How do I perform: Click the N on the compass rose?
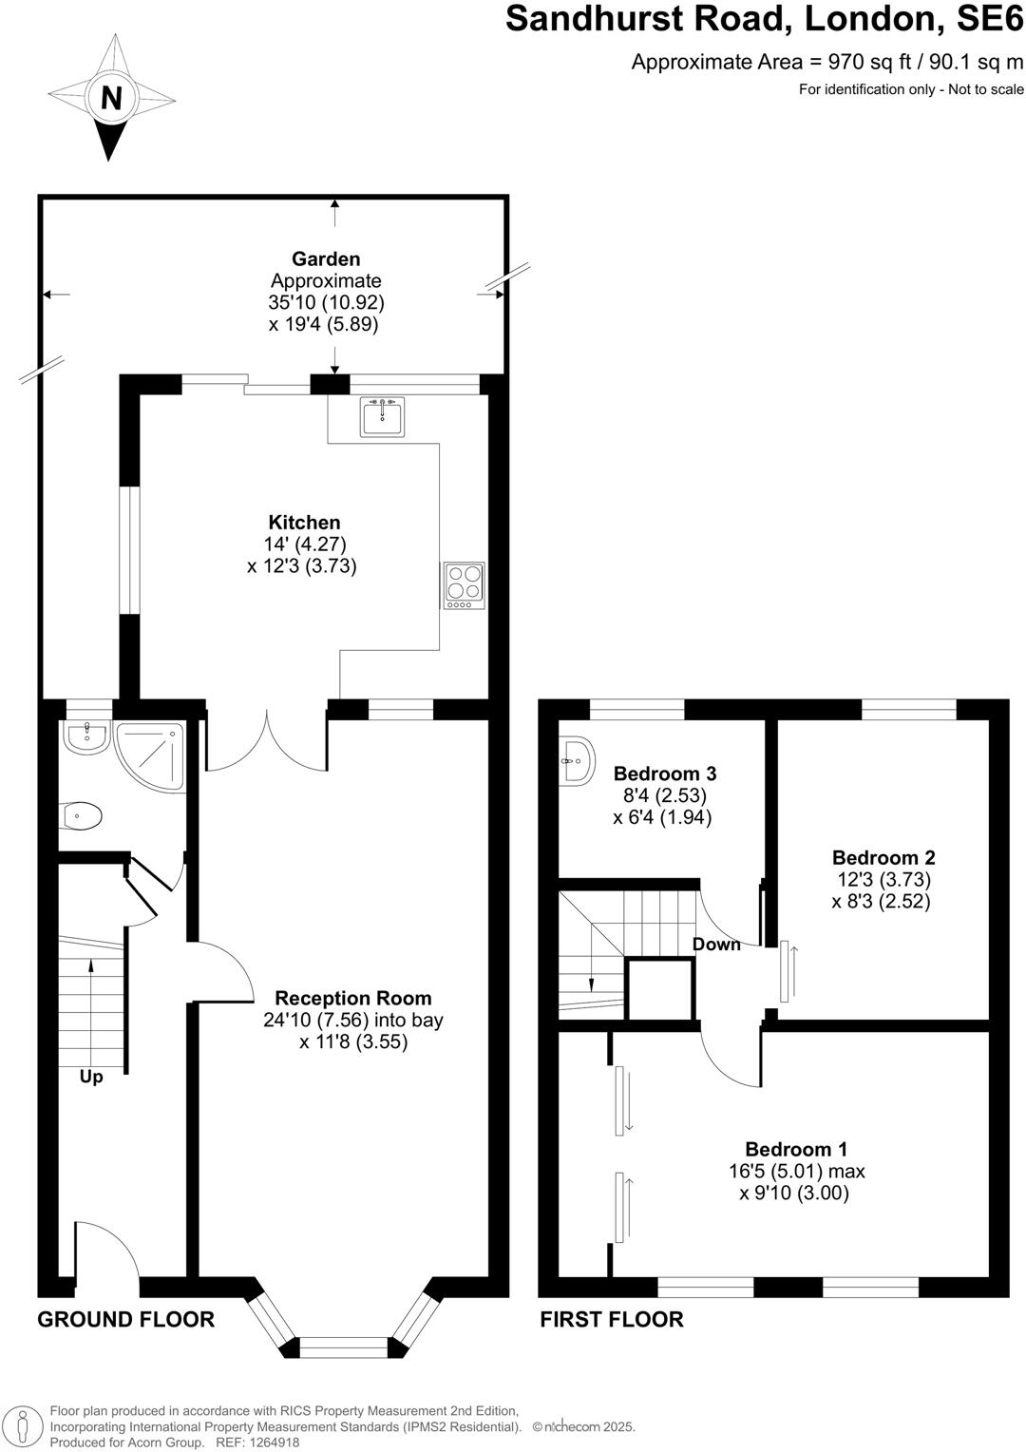(111, 98)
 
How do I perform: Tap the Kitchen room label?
(304, 523)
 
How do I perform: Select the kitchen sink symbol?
(382, 416)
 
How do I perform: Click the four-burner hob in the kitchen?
(464, 585)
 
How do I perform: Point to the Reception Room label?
(352, 999)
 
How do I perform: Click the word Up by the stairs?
(91, 1078)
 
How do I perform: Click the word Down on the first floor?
(715, 945)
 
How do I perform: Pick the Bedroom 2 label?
(883, 858)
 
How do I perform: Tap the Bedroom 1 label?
(796, 1150)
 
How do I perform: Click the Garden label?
(326, 259)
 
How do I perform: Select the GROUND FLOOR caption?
(125, 1319)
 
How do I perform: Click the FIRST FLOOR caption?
(611, 1319)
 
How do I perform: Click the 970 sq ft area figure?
(861, 63)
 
